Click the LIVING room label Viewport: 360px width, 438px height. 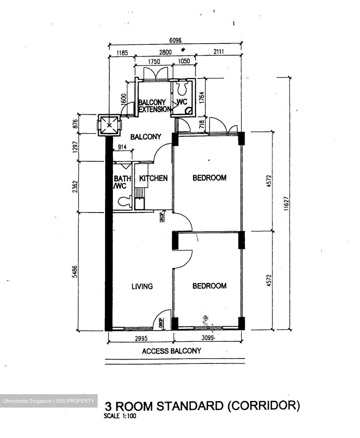(x=142, y=286)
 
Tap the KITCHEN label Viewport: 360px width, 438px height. (x=153, y=178)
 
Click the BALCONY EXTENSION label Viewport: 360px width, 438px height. (x=154, y=106)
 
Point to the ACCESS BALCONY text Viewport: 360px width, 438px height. (x=171, y=351)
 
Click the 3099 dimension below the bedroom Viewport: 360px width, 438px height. (x=208, y=338)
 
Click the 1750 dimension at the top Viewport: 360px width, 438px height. (x=154, y=61)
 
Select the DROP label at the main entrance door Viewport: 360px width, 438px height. (x=160, y=323)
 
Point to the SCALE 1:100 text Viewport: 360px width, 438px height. (x=120, y=416)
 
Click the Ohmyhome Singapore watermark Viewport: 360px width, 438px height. (x=49, y=401)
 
